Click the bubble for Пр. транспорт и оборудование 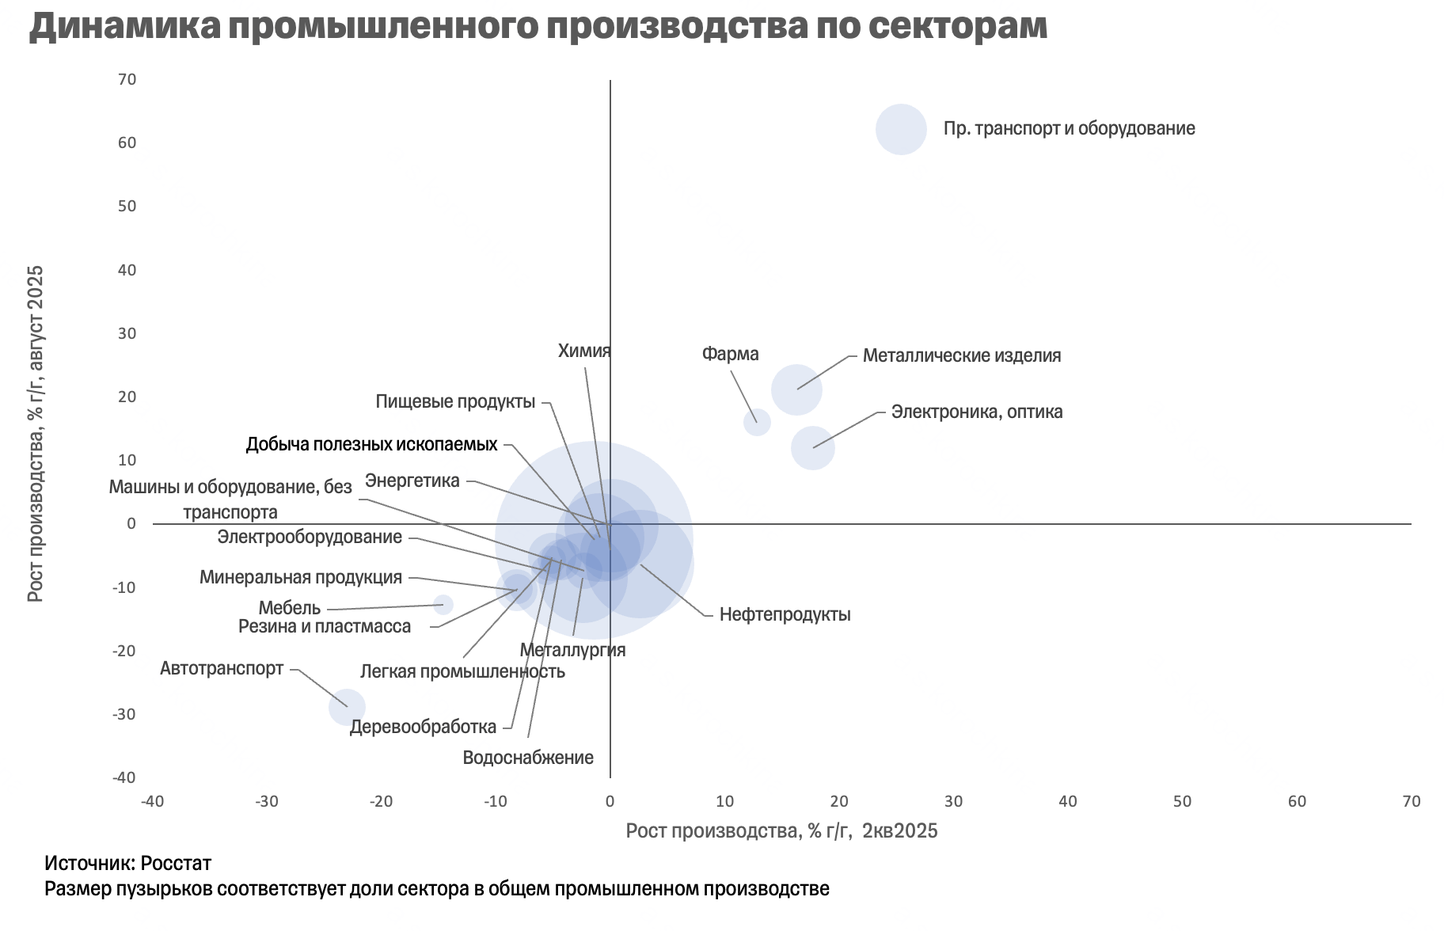901,129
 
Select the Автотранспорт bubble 347,707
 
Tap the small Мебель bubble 443,605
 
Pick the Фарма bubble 757,422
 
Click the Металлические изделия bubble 796,389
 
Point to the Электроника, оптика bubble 812,447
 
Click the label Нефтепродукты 785,615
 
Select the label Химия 584,351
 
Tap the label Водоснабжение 528,758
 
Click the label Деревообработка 423,727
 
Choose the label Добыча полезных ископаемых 371,444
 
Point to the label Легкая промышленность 462,672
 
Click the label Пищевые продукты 455,401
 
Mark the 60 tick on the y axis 127,142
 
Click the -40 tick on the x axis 152,801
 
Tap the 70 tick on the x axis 1411,801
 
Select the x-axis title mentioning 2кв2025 781,830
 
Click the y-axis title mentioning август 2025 36,433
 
